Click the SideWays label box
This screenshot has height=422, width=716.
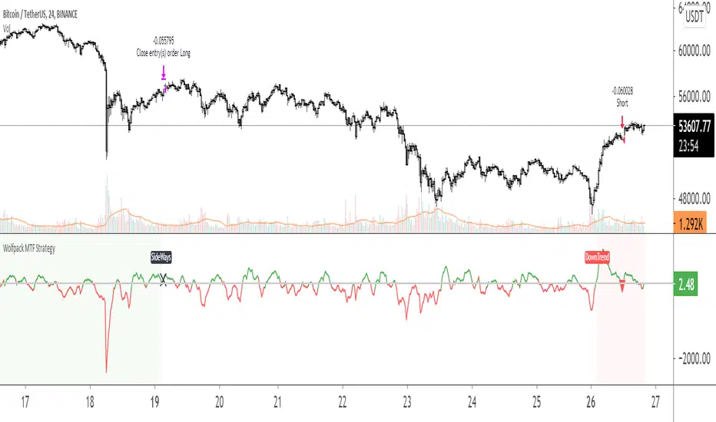pos(161,258)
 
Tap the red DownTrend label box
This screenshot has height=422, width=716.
pos(598,258)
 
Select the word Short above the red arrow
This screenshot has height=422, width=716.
pos(622,102)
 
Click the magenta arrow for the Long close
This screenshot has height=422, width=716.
pos(164,74)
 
